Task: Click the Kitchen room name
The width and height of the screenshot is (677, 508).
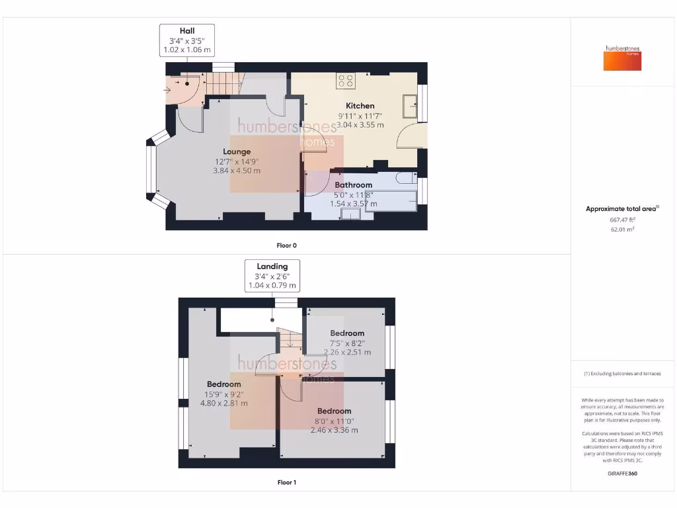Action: [360, 106]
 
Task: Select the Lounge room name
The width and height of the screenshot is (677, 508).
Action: [237, 151]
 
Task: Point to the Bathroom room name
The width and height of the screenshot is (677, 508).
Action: [353, 185]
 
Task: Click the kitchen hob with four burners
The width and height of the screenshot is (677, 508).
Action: [345, 81]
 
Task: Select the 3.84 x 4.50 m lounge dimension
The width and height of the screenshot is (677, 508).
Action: [237, 171]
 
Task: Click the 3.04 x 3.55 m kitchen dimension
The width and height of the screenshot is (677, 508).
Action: [360, 124]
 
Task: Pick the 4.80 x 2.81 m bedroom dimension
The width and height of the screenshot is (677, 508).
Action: [223, 403]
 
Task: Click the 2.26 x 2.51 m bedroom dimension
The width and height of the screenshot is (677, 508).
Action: [347, 353]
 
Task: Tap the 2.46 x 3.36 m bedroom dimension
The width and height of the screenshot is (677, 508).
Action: [334, 430]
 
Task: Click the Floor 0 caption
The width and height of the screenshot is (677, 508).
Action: [286, 245]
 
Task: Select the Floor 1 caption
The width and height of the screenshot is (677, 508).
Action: [286, 483]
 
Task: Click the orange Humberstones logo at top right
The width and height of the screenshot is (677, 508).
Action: [622, 58]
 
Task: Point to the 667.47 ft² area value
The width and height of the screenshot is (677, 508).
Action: [622, 220]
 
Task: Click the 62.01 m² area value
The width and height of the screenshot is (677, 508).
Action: [622, 230]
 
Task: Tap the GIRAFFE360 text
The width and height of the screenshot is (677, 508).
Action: [622, 474]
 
